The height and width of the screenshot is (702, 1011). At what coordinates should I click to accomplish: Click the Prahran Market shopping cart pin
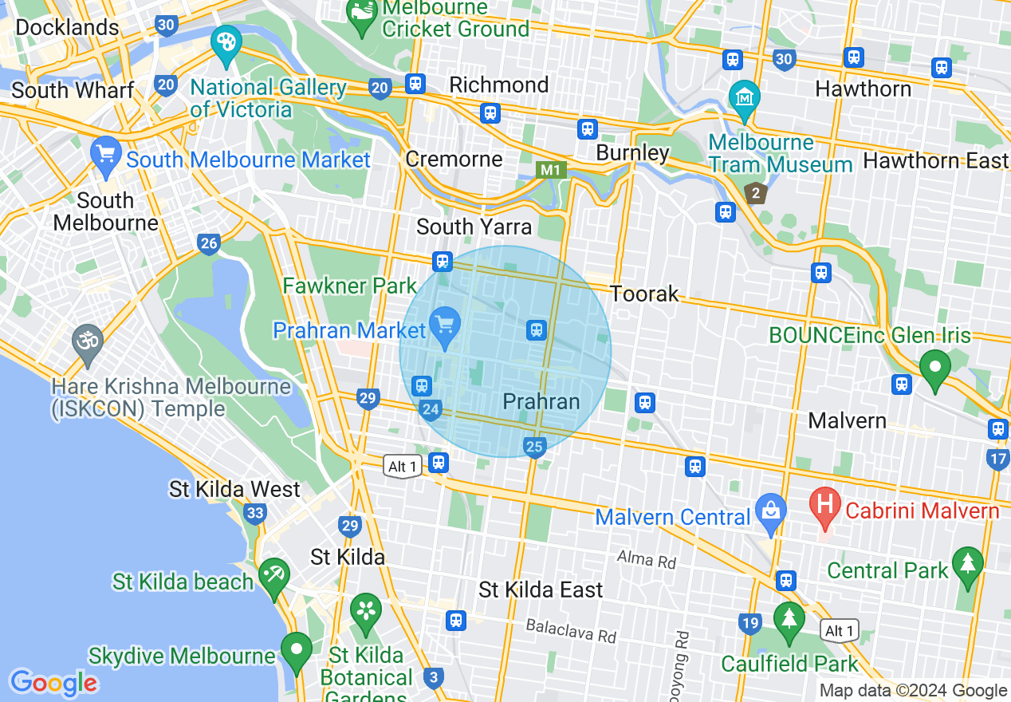pyautogui.click(x=445, y=324)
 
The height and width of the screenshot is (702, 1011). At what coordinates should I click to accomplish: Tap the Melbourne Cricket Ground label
pyautogui.click(x=455, y=19)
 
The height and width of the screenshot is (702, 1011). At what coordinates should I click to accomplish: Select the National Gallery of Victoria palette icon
pyautogui.click(x=226, y=41)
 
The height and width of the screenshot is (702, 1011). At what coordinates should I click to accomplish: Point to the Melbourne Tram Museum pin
pyautogui.click(x=744, y=98)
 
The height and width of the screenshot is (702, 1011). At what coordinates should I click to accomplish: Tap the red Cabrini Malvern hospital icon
pyautogui.click(x=825, y=504)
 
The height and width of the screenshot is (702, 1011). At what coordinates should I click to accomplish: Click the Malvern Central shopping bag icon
pyautogui.click(x=770, y=508)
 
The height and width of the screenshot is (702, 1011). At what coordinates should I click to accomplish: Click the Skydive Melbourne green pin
pyautogui.click(x=297, y=649)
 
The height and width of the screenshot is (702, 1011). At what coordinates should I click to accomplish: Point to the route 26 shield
pyautogui.click(x=209, y=244)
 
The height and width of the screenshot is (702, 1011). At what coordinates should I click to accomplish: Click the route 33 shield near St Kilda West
pyautogui.click(x=255, y=513)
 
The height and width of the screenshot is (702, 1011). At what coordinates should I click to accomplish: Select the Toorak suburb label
pyautogui.click(x=645, y=294)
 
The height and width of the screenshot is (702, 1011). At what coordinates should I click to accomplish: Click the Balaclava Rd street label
pyautogui.click(x=571, y=631)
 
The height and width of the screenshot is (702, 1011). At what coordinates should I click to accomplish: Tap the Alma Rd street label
pyautogui.click(x=647, y=559)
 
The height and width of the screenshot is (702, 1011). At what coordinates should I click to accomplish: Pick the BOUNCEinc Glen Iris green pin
pyautogui.click(x=934, y=367)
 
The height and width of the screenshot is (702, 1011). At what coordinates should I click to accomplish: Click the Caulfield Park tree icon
pyautogui.click(x=789, y=619)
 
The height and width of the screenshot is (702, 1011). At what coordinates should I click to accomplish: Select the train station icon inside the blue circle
pyautogui.click(x=537, y=329)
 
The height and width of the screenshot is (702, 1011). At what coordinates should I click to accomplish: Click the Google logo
pyautogui.click(x=53, y=683)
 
